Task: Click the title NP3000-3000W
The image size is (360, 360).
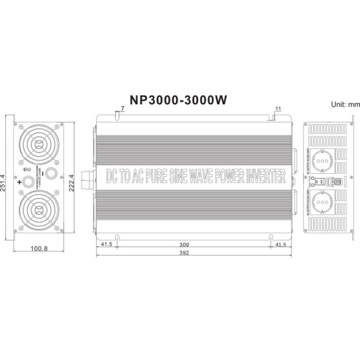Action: coord(178,100)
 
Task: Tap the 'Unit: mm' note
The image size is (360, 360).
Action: coord(345,104)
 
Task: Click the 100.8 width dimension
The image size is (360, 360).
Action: coord(40,247)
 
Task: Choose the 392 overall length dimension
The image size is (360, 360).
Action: coord(193,254)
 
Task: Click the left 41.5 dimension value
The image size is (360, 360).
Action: coord(107,245)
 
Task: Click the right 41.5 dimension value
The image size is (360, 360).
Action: coord(280,245)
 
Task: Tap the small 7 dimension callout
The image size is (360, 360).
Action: coord(122,108)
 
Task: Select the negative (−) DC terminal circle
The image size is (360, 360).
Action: coord(52,173)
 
